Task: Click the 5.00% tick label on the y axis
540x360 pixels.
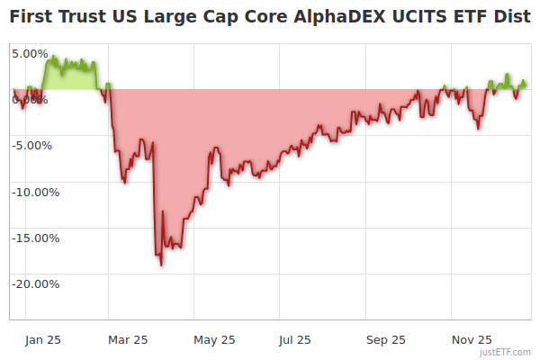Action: click(x=30, y=53)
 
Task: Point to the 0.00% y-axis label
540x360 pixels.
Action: click(x=30, y=99)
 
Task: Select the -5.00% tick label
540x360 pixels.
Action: click(x=32, y=145)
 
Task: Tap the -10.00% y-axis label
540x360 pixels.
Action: click(x=35, y=192)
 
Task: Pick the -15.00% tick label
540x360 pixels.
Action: click(x=35, y=238)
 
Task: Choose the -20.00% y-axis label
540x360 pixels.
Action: click(x=35, y=284)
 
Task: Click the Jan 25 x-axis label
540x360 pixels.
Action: click(x=42, y=339)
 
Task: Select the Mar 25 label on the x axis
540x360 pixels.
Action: click(x=127, y=339)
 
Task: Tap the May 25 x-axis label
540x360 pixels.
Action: click(x=214, y=339)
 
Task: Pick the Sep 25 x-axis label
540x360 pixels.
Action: click(x=385, y=339)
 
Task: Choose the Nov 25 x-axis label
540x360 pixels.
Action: click(x=472, y=339)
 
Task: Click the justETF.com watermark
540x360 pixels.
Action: click(x=507, y=352)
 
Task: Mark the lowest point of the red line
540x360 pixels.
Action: click(x=161, y=265)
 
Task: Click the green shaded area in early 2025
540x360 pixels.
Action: click(x=67, y=76)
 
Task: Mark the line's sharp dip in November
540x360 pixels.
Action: click(x=478, y=128)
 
